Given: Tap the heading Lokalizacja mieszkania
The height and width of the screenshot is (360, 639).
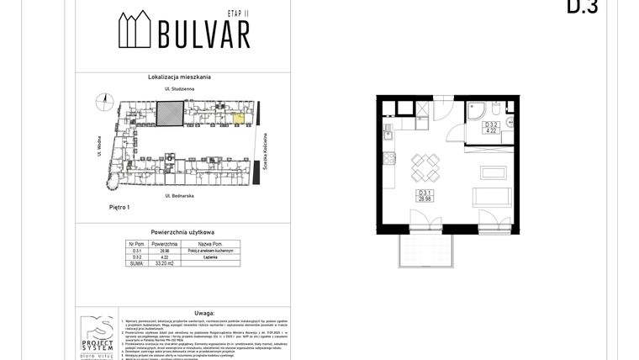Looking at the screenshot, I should [x=179, y=77].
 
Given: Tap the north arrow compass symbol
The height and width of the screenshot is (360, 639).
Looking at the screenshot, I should [x=107, y=101].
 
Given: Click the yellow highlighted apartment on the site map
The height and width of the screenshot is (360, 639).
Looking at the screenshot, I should [x=239, y=119].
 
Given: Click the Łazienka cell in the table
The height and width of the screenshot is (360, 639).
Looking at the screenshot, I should [x=211, y=257].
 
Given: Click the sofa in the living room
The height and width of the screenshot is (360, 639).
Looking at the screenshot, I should [x=492, y=197].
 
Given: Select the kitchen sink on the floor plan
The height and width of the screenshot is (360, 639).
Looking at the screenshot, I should [x=388, y=132].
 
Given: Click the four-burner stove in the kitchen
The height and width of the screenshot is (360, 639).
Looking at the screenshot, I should [x=389, y=157].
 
